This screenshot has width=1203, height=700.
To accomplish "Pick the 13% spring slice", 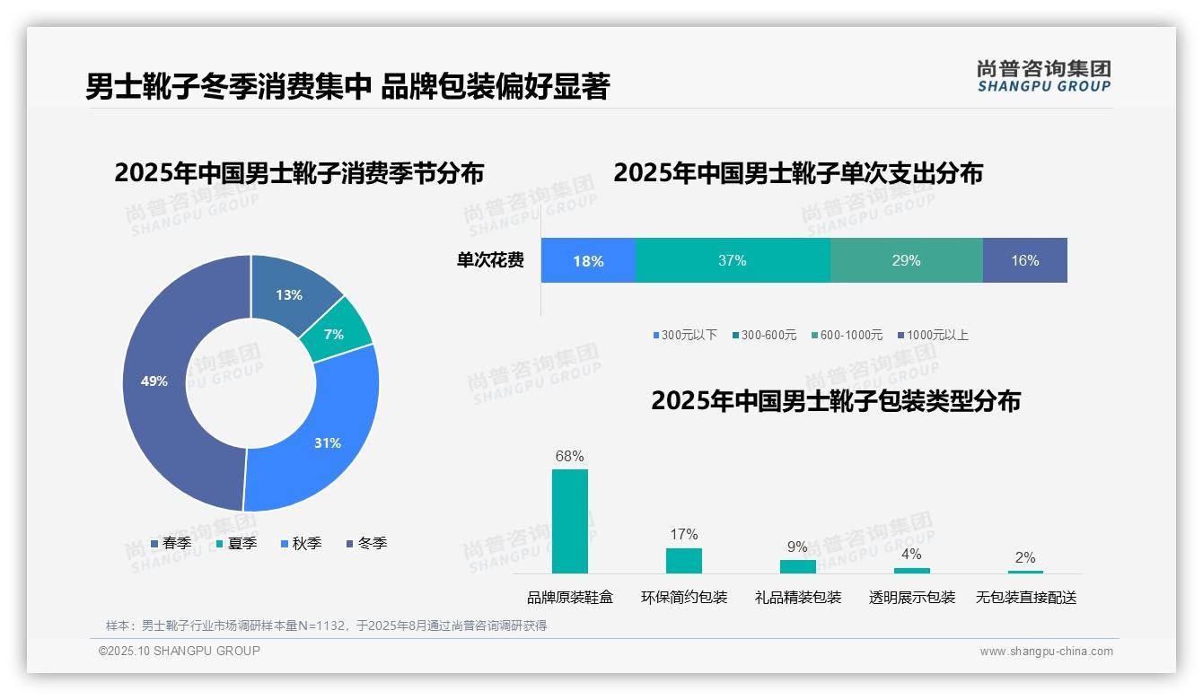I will pos(289,294).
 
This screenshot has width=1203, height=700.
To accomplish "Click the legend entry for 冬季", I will pos(365,543).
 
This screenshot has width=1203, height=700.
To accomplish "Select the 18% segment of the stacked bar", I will pos(588,261).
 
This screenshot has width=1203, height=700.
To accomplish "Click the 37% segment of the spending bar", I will pos(733,261).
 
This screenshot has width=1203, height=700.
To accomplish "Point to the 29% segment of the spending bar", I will pos(906,261).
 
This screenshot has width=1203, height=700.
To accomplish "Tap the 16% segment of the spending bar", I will pos(1024,261).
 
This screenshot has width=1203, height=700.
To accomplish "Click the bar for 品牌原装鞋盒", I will pos(570,521).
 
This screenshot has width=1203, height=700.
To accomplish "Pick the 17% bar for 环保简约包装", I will pos(684,560).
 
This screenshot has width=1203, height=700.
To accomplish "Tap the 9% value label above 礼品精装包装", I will pos(797,547).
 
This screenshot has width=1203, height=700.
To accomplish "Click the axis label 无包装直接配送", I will pos(1025,597).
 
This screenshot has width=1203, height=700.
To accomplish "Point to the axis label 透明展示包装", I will pos(911,597).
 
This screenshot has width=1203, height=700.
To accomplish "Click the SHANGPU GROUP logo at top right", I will pos(1043,76).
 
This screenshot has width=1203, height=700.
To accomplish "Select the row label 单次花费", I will pos(490,261).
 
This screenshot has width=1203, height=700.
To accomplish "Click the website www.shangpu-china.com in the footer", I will pos(1046,652).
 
